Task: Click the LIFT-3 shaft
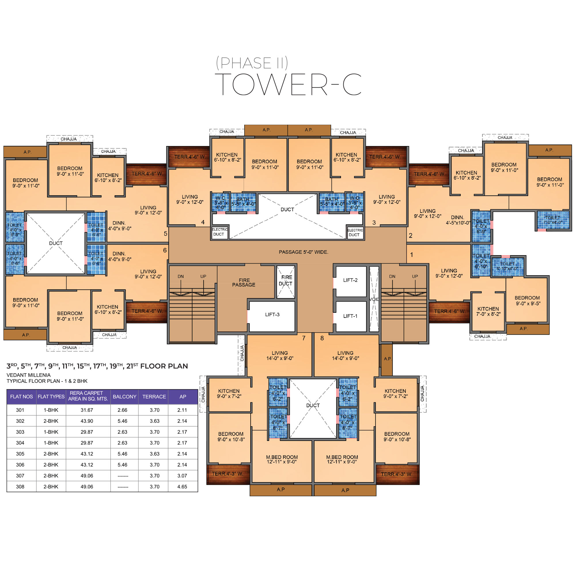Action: click(x=272, y=316)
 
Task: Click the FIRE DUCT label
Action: click(x=286, y=281)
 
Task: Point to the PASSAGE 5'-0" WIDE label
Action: click(x=304, y=252)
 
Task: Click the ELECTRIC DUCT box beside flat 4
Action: click(x=220, y=232)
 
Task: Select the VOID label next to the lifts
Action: click(x=374, y=299)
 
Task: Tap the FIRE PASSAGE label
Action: click(x=244, y=283)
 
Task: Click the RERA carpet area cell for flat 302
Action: click(x=87, y=421)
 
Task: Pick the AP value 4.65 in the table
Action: click(x=182, y=486)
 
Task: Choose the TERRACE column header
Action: click(x=154, y=397)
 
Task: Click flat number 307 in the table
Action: click(x=20, y=475)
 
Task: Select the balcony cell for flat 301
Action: click(x=122, y=410)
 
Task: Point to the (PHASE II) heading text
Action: click(x=252, y=63)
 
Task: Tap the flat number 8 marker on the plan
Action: click(x=322, y=338)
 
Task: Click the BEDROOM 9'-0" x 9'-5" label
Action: click(x=527, y=300)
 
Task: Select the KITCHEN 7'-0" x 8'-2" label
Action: click(x=488, y=311)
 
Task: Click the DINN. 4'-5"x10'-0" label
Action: click(x=458, y=220)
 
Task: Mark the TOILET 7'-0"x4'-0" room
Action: click(x=553, y=220)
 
